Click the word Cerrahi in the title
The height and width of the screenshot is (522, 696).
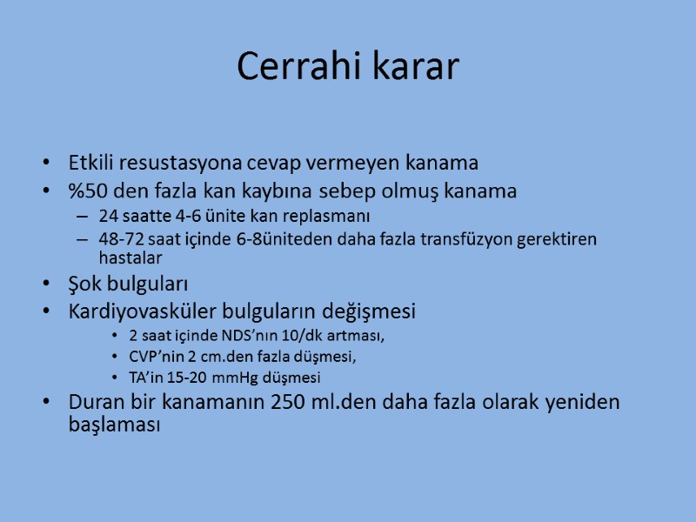click(292, 67)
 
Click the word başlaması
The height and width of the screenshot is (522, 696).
click(114, 427)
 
